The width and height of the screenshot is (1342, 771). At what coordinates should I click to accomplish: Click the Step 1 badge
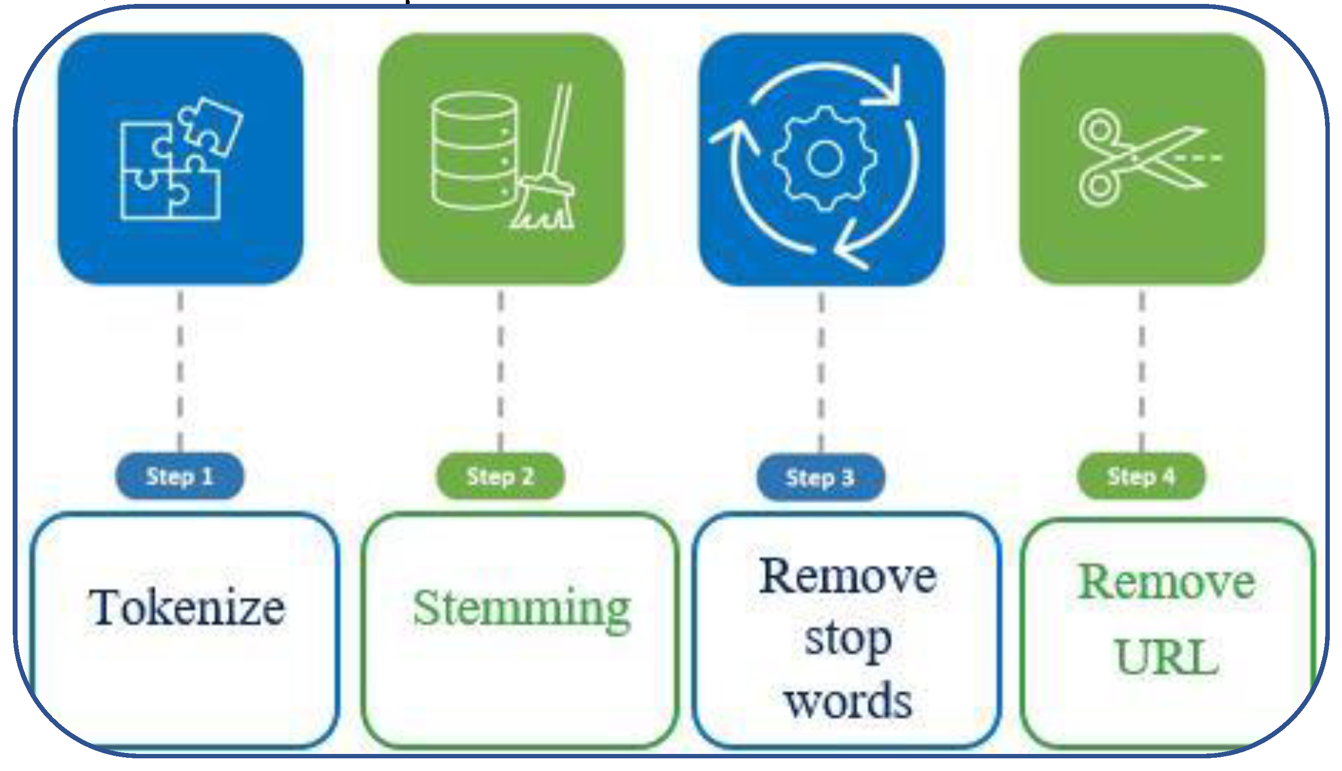[179, 476]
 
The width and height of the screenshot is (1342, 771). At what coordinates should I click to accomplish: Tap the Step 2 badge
[500, 476]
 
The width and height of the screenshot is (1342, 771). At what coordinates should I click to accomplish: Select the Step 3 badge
[820, 477]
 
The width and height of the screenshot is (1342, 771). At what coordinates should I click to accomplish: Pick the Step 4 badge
[1141, 476]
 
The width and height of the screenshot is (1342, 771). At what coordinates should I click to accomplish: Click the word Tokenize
[186, 608]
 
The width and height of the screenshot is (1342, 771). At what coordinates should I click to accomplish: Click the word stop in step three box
[848, 640]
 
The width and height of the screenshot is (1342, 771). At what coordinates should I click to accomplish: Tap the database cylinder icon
[473, 152]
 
